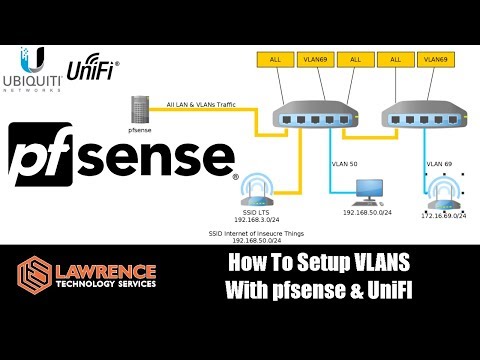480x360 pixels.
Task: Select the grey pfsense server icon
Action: (140, 109)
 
